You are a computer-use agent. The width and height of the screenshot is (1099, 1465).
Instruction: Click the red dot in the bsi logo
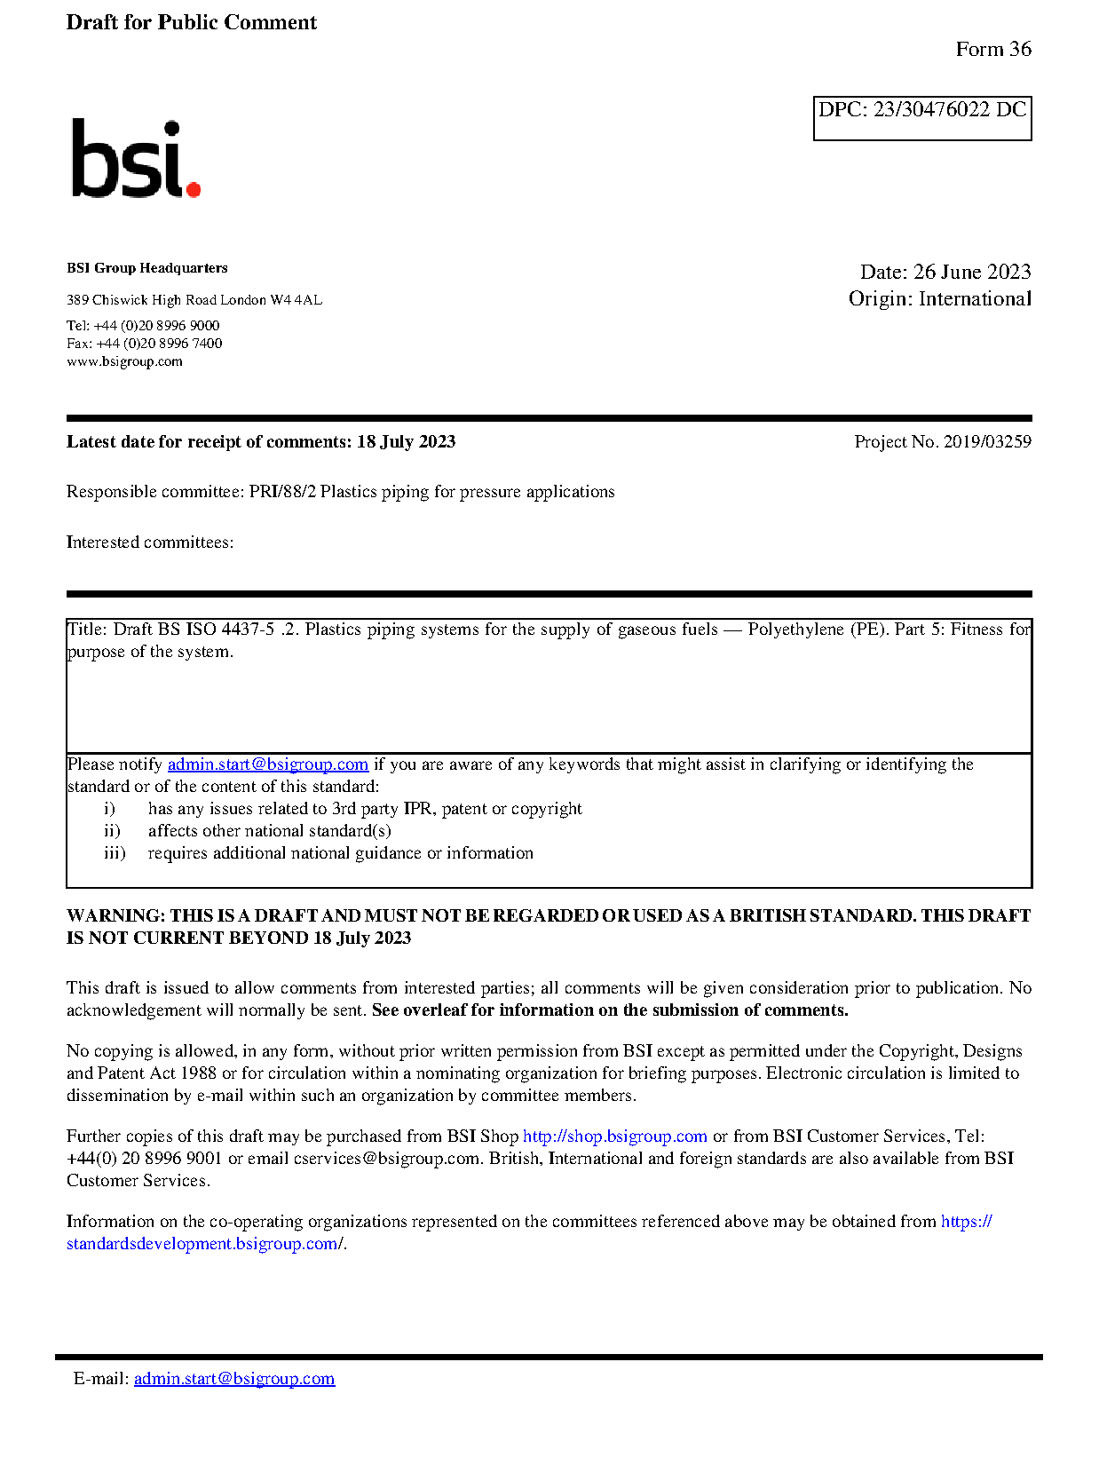[x=193, y=188]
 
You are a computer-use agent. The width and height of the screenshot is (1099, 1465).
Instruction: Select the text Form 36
[x=992, y=50]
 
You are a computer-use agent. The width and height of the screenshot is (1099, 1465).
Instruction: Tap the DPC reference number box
[x=921, y=117]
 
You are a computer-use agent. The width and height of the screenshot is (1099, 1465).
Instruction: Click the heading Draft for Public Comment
[x=191, y=23]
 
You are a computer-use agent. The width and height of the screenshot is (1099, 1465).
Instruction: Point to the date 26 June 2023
[x=972, y=272]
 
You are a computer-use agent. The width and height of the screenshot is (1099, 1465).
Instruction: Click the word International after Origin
[x=975, y=299]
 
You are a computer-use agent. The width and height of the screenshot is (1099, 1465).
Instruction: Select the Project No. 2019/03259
[x=943, y=442]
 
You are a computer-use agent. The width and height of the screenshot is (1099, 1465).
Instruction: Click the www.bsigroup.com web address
[x=124, y=362]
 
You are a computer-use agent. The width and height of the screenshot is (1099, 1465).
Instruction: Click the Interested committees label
[x=150, y=542]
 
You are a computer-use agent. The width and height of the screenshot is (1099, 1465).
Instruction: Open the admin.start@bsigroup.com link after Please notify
[x=267, y=764]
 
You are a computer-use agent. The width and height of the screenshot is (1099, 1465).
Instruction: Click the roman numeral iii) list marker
[x=115, y=853]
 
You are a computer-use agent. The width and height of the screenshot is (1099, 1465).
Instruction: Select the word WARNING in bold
[x=115, y=916]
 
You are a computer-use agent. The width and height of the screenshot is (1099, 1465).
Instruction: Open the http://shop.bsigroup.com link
[x=614, y=1136]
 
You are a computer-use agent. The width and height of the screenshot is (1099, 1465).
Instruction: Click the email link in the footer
[x=234, y=1379]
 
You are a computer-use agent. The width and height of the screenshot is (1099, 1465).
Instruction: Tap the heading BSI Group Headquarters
[x=147, y=268]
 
